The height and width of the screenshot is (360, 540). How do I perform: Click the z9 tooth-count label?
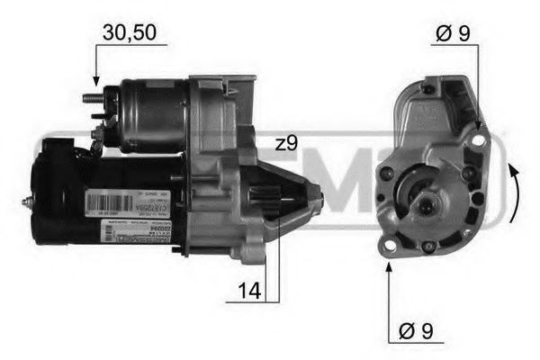[x=288, y=143]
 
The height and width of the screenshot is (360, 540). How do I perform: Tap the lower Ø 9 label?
[x=415, y=330]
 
